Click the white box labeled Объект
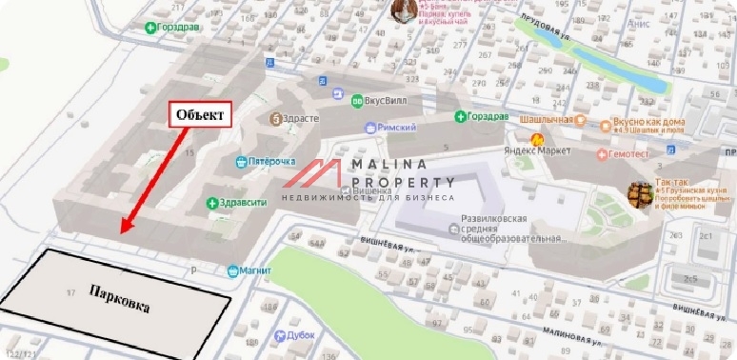point(201,114)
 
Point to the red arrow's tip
point(123,231)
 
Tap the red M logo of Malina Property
point(314,175)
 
